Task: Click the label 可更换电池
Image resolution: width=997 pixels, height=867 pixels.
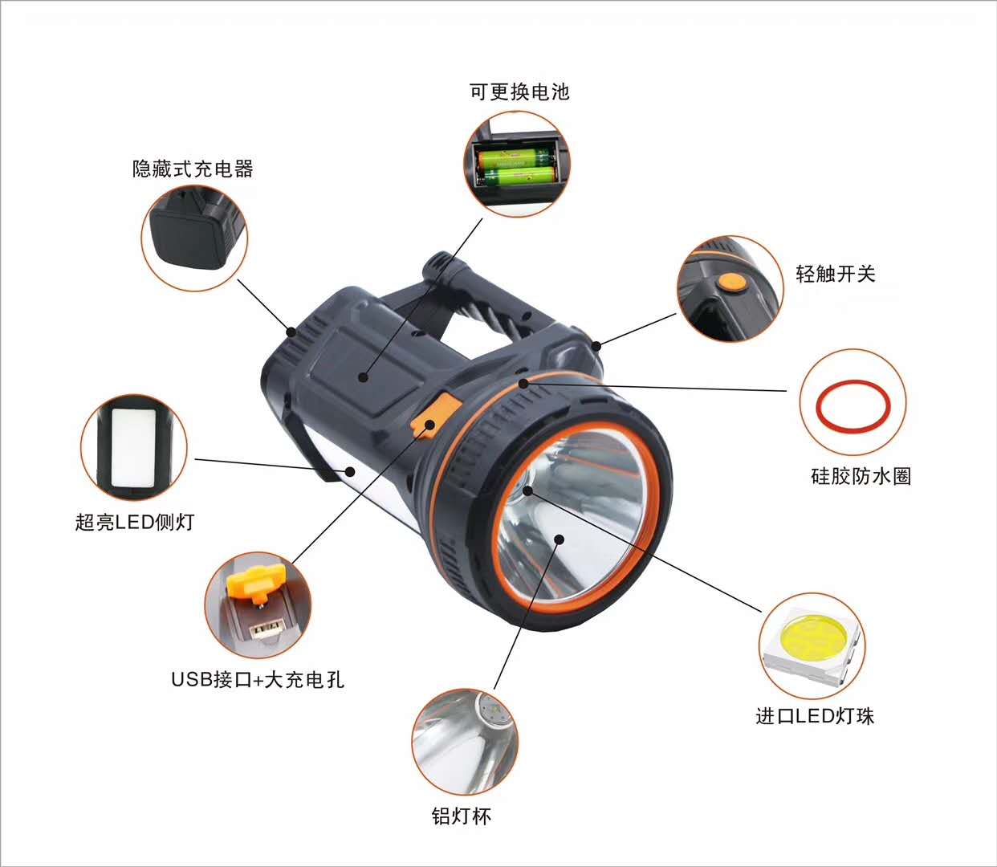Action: point(519,92)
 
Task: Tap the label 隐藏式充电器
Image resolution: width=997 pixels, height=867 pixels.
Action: point(193,169)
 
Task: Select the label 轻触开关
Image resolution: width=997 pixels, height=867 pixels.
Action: point(836,274)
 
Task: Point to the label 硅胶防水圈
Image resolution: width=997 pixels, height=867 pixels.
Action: point(861,476)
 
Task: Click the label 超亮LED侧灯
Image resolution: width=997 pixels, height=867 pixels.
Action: point(135,522)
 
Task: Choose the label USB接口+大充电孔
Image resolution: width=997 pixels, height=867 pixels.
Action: point(258,679)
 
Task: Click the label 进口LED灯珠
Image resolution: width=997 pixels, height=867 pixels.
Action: point(815,716)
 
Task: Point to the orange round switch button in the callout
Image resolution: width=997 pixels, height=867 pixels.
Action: point(731,283)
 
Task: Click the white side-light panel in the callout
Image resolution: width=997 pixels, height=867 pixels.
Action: point(133,448)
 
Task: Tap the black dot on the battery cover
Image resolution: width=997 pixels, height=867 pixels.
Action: point(363,377)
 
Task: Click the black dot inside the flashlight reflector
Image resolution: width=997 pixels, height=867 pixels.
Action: point(560,539)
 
